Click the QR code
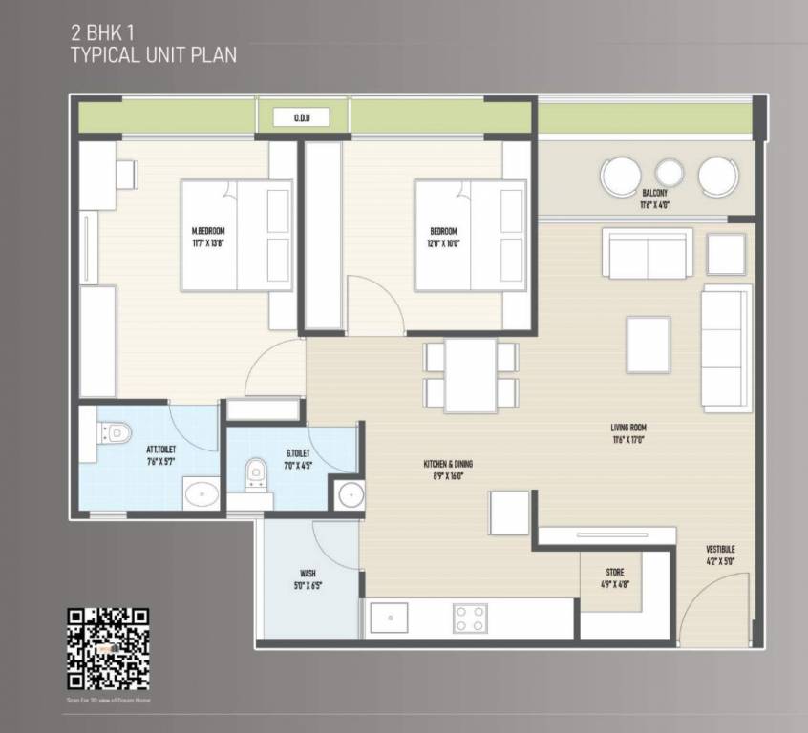[108, 649]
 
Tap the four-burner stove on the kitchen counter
[468, 618]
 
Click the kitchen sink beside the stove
[390, 618]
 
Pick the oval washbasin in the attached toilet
[201, 495]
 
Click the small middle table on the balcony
[670, 173]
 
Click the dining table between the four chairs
[471, 375]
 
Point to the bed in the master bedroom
[236, 236]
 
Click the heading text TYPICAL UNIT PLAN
[154, 54]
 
